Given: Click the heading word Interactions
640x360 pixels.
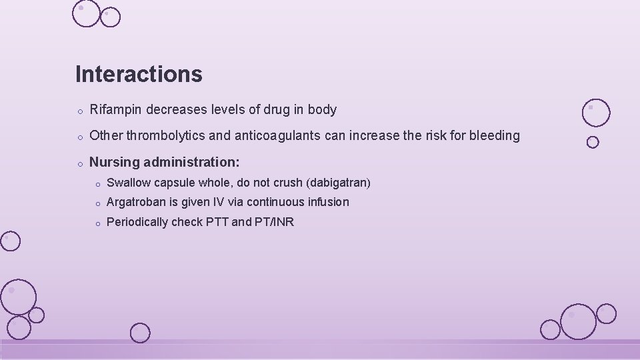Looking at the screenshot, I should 139,74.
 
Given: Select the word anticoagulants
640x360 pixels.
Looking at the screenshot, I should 275,136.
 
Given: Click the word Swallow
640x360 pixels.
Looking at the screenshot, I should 128,183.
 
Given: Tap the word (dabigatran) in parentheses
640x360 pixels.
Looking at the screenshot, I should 337,183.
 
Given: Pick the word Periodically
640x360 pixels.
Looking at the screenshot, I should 137,222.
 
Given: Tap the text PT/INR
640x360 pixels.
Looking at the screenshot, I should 274,222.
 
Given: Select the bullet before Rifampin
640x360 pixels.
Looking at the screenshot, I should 79,111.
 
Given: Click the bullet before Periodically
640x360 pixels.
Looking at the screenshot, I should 97,223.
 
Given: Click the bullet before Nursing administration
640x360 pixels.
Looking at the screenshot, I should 79,163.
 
